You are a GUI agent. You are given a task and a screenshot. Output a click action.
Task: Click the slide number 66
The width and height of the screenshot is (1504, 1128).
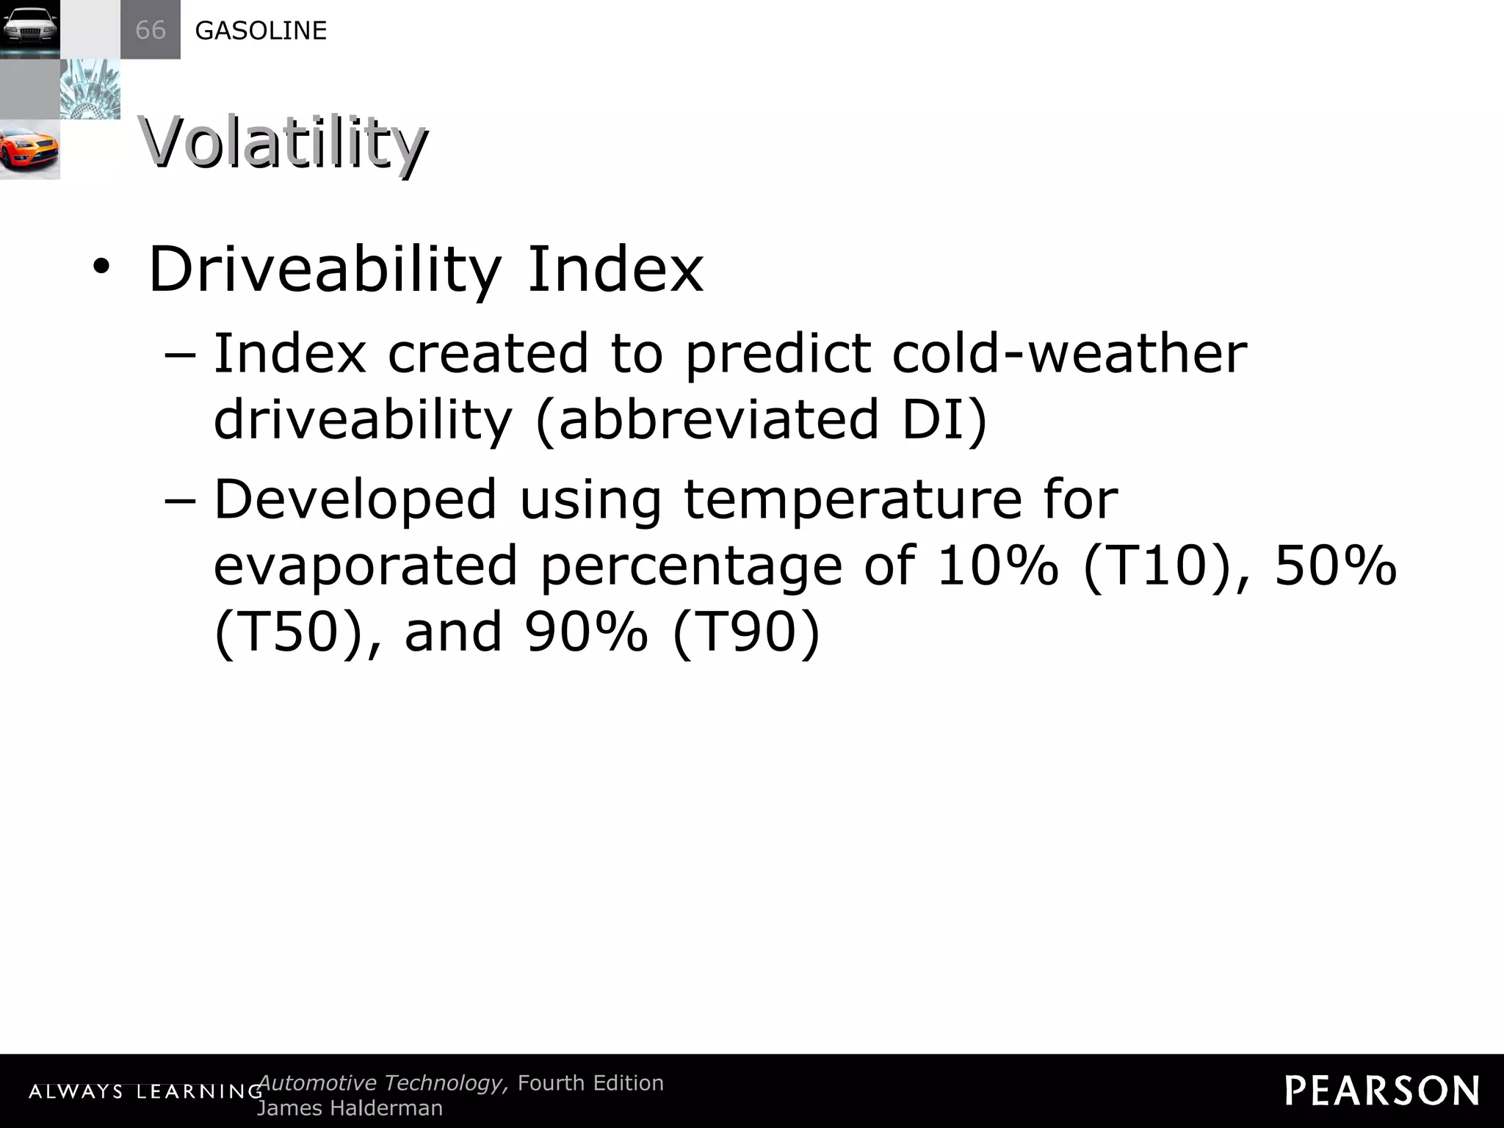click(151, 30)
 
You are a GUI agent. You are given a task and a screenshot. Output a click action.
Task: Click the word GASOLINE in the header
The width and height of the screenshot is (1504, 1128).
click(261, 31)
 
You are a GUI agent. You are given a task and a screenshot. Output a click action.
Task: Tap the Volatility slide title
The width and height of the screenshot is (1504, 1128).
click(282, 143)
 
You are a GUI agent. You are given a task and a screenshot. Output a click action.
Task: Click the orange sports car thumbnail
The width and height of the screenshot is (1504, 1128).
click(29, 150)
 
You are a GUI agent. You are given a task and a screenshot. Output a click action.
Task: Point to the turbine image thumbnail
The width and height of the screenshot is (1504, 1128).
click(90, 90)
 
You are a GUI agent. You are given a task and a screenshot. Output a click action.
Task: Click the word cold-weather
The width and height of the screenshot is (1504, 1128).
click(1069, 354)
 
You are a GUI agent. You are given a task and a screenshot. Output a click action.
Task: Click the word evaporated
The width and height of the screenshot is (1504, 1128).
click(365, 566)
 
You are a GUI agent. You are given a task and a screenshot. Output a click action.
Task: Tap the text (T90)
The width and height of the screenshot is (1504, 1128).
click(745, 632)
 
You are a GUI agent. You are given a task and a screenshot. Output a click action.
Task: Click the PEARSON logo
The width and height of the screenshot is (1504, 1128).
click(1381, 1091)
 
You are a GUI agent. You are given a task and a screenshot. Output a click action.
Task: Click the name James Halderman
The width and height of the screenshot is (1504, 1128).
click(350, 1108)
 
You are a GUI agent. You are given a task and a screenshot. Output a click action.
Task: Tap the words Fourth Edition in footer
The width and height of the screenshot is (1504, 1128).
click(590, 1083)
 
